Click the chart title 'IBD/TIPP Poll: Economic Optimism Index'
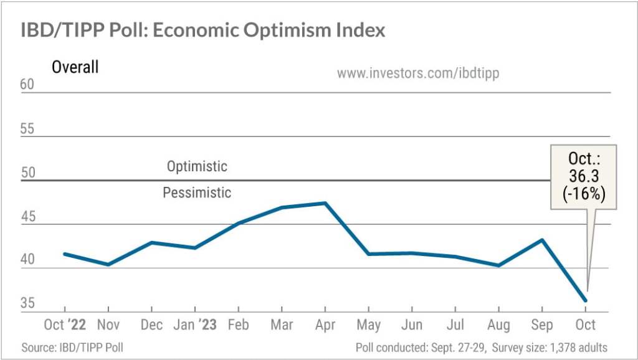pyautogui.click(x=203, y=29)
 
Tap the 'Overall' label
pyautogui.click(x=75, y=67)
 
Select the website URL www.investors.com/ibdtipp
pyautogui.click(x=417, y=73)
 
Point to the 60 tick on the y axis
pyautogui.click(x=28, y=85)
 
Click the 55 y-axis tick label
pyautogui.click(x=28, y=130)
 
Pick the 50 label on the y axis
pyautogui.click(x=28, y=173)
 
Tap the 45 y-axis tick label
pyautogui.click(x=28, y=217)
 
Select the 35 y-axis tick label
pyautogui.click(x=28, y=304)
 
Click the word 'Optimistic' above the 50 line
pyautogui.click(x=197, y=167)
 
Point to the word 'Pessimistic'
pyautogui.click(x=197, y=193)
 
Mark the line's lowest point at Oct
pyautogui.click(x=586, y=301)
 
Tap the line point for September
pyautogui.click(x=542, y=240)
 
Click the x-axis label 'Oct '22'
pyautogui.click(x=65, y=325)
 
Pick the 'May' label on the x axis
pyautogui.click(x=368, y=325)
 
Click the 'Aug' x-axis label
pyautogui.click(x=498, y=325)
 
